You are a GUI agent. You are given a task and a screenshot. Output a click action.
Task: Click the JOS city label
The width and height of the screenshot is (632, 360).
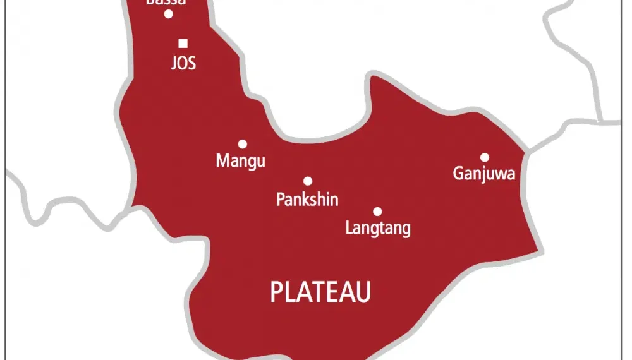(x=183, y=64)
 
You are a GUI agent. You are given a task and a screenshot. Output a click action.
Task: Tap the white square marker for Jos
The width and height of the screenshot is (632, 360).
(x=183, y=44)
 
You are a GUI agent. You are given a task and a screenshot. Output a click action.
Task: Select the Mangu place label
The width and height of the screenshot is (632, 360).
(x=241, y=161)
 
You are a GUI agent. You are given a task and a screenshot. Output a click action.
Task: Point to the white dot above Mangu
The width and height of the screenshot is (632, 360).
(x=242, y=144)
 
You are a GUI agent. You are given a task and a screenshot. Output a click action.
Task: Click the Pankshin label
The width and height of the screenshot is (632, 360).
(x=307, y=200)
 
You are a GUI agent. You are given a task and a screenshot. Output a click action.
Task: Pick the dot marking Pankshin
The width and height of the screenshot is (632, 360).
(x=308, y=181)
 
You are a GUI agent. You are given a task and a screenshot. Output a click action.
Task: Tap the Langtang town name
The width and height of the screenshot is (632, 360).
(x=378, y=228)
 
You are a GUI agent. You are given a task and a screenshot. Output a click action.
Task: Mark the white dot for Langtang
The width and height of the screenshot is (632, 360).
(x=377, y=212)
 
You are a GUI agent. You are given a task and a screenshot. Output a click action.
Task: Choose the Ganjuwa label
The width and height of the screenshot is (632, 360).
(x=484, y=174)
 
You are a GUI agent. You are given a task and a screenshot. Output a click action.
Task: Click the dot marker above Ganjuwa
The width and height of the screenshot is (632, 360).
(x=485, y=157)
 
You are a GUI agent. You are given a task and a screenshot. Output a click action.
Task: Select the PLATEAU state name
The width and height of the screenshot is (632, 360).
(x=320, y=292)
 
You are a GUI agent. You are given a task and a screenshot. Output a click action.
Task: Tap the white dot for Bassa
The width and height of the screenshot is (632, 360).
(x=169, y=14)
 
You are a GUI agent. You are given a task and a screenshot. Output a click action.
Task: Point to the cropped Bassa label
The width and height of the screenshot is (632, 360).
(x=166, y=3)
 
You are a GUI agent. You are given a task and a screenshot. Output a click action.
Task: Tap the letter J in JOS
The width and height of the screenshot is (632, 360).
(x=174, y=64)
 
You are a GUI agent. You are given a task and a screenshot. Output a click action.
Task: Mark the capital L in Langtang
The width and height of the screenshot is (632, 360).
(x=349, y=227)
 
